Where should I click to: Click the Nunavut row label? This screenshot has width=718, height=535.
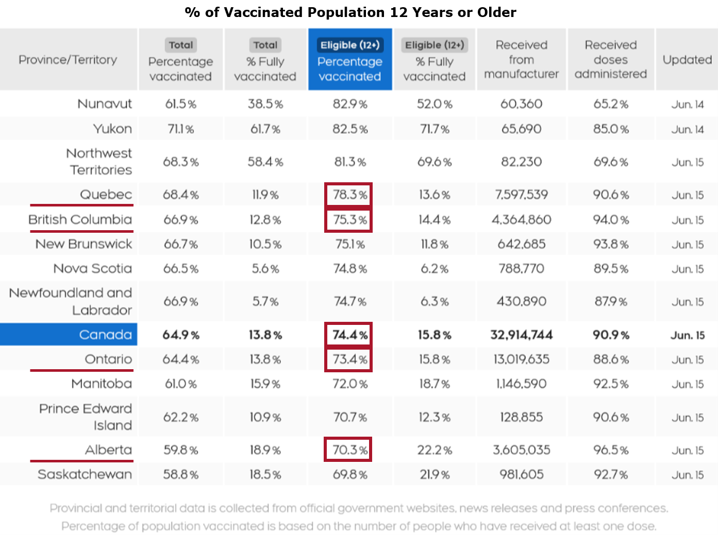[105, 104]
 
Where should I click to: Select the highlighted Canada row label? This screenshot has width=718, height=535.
[105, 335]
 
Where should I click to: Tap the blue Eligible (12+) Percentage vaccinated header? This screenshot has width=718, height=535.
[350, 60]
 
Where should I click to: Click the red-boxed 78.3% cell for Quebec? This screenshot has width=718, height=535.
[349, 195]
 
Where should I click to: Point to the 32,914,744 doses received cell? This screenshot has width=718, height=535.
[521, 335]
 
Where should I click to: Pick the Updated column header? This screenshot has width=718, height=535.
[687, 60]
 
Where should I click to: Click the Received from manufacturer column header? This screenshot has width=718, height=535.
[521, 60]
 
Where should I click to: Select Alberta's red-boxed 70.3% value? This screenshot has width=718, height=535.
[349, 450]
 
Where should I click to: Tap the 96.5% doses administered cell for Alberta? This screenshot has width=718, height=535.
[610, 450]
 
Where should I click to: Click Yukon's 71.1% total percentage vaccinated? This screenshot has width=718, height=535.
[180, 129]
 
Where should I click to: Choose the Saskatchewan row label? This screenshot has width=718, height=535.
[85, 474]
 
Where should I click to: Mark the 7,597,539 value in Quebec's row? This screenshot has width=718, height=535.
[521, 195]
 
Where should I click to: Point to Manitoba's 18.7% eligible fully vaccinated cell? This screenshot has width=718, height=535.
[435, 384]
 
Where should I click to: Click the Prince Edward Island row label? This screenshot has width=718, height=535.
[86, 417]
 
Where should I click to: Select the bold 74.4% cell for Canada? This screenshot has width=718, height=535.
[349, 335]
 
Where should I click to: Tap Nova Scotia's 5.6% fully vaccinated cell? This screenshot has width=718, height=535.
[265, 269]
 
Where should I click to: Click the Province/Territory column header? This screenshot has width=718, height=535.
[68, 60]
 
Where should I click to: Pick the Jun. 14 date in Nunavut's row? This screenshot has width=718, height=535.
[687, 105]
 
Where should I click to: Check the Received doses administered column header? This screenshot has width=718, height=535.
[610, 60]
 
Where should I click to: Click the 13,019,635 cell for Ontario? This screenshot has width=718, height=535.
[521, 359]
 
